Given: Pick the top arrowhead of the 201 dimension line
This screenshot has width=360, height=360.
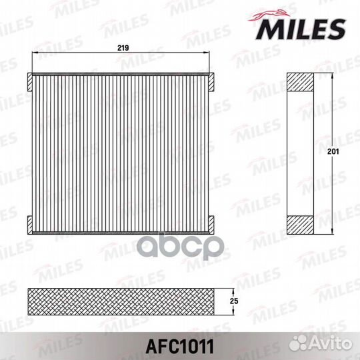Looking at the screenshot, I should click(331, 75).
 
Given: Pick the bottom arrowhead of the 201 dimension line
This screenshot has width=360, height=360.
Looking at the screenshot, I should click(331, 233).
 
